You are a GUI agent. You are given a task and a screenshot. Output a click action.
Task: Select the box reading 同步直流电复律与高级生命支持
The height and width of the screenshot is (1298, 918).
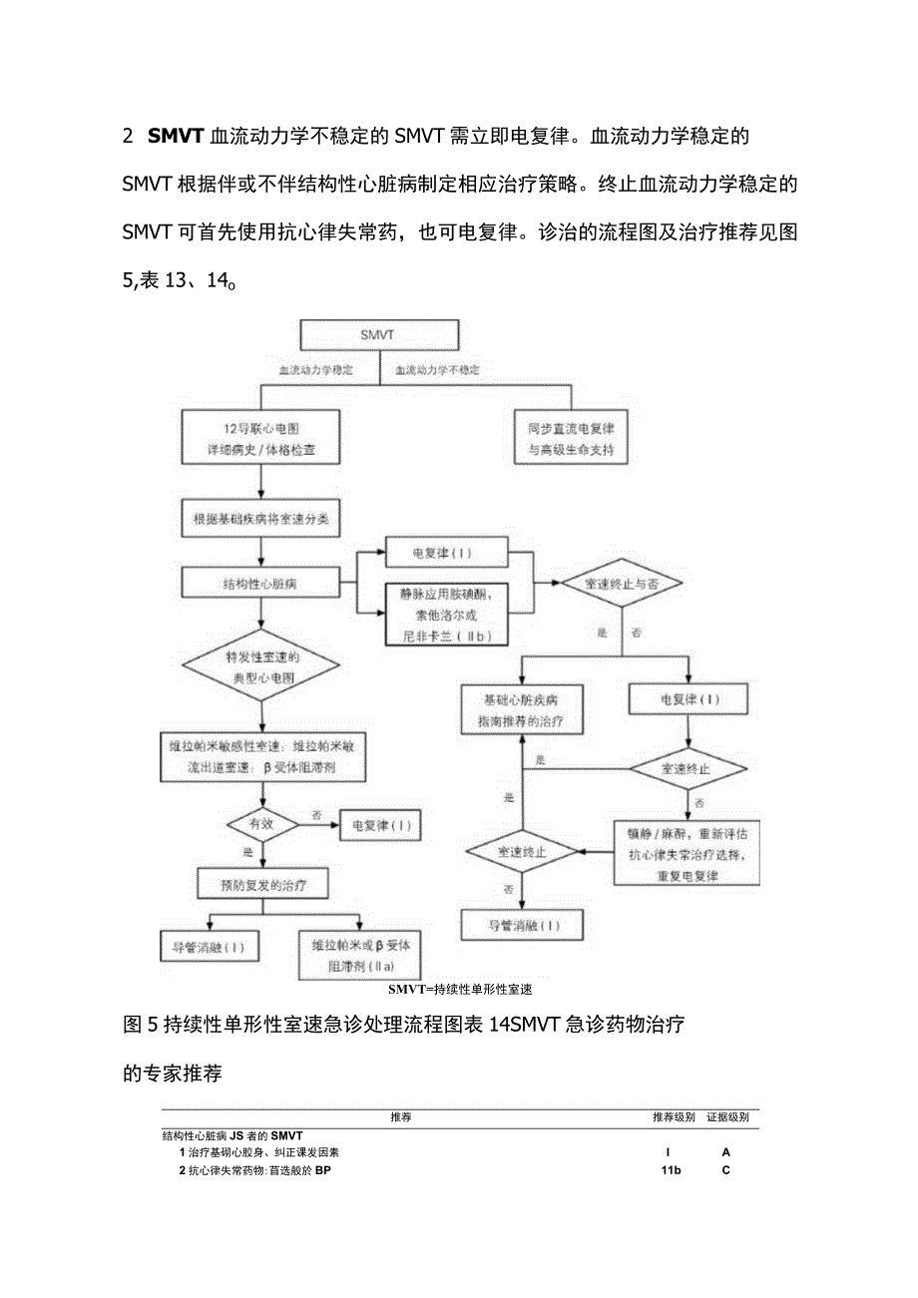tap(572, 439)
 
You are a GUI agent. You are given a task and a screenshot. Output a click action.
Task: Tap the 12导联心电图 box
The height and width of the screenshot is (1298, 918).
tap(260, 439)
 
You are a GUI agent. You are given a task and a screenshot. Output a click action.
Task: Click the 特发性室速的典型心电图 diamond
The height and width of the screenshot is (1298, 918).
tap(260, 667)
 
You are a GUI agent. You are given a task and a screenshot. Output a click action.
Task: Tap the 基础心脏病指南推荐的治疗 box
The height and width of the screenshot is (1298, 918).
tap(522, 710)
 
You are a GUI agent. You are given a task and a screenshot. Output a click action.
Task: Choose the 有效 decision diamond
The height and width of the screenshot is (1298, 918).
tap(261, 825)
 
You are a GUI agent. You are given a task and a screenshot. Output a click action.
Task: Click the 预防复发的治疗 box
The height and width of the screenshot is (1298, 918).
tap(260, 884)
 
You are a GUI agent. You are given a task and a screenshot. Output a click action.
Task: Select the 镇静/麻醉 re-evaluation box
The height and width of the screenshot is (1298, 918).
tap(686, 853)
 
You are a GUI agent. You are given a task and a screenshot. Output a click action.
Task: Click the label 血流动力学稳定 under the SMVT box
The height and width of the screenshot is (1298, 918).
tap(315, 370)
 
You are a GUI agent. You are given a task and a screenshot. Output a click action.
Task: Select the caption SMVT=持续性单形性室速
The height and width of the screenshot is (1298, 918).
tap(460, 990)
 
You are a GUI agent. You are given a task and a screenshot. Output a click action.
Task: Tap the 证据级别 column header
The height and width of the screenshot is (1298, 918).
tap(727, 1117)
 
